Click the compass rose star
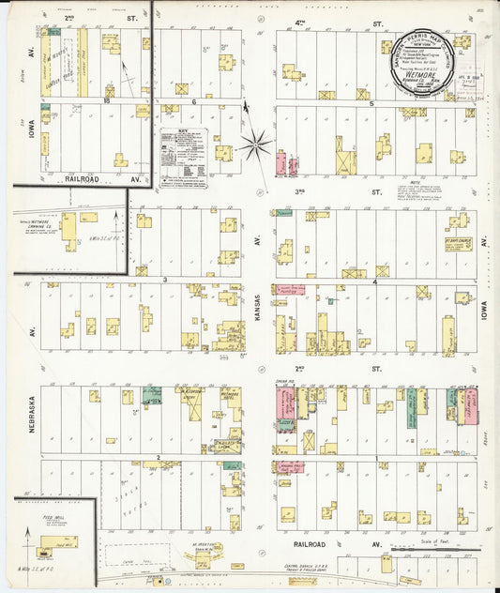[254, 144]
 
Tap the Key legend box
[181, 157]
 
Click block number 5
[371, 103]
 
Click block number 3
[165, 280]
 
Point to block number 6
[193, 101]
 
